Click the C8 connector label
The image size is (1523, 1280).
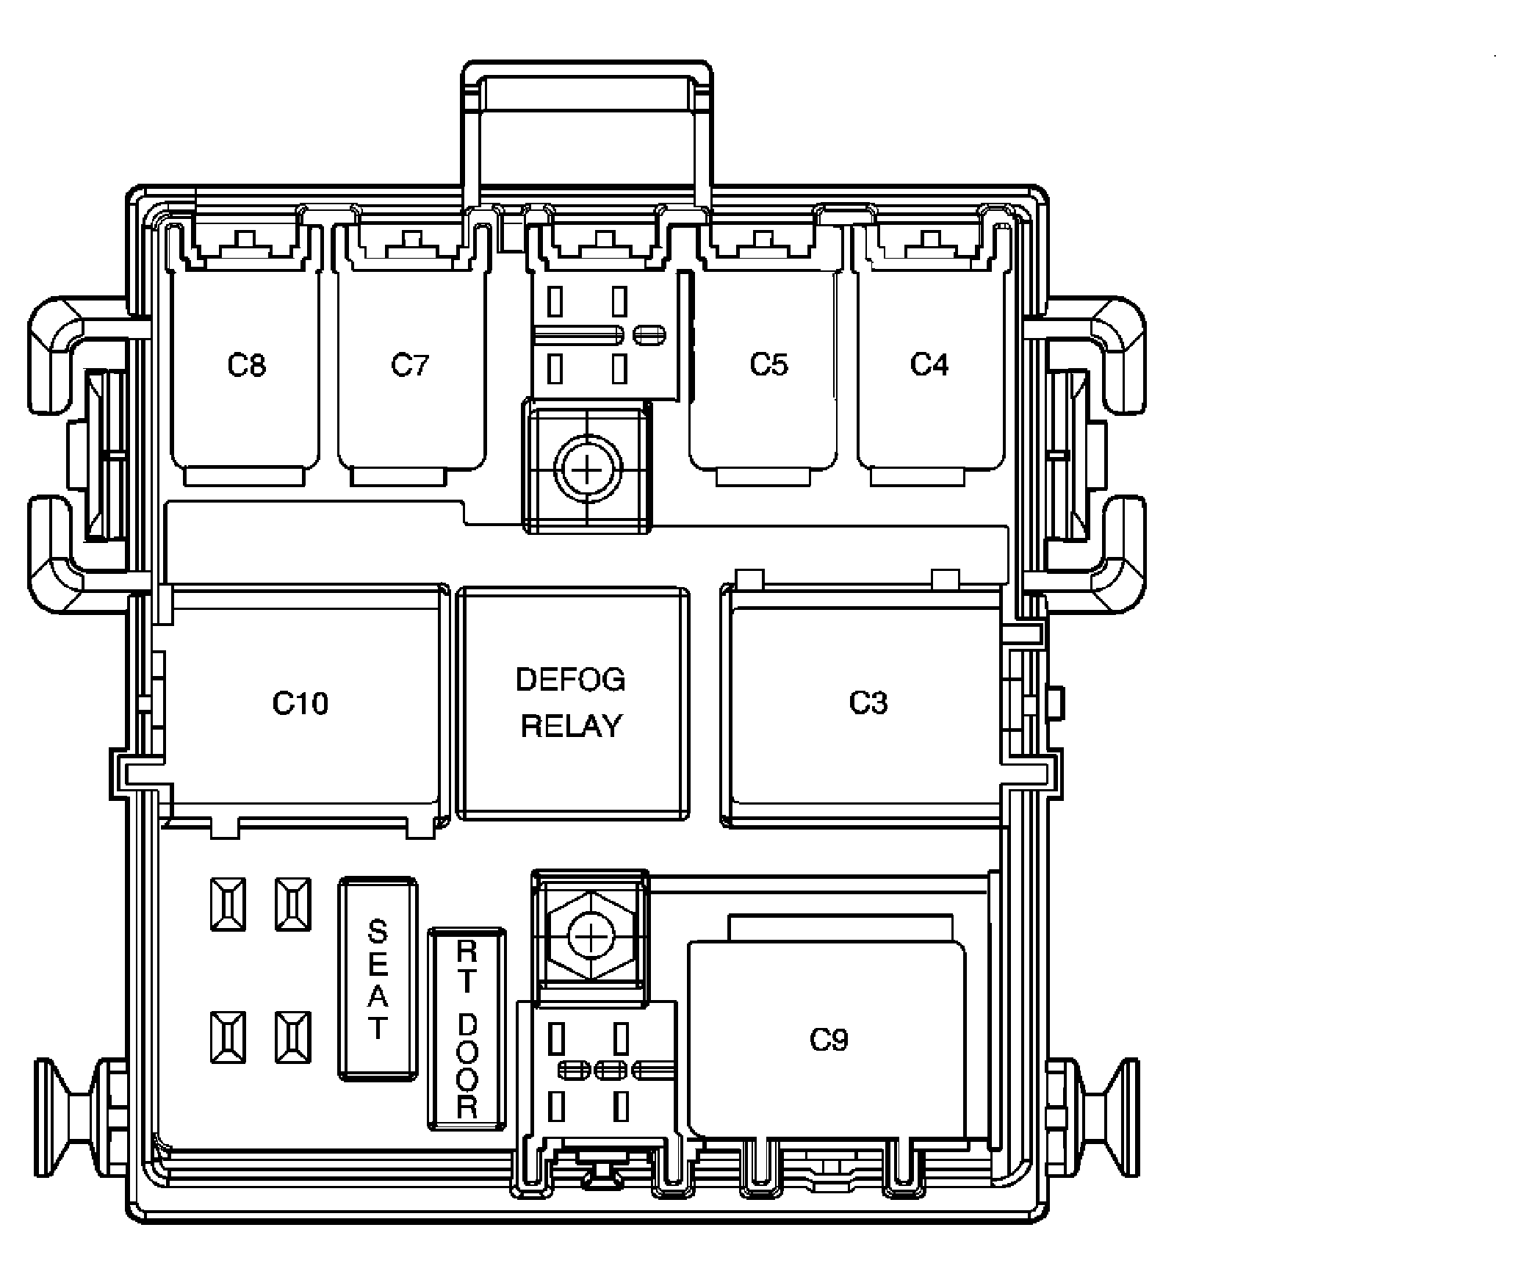(247, 365)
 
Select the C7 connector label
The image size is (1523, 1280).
(409, 364)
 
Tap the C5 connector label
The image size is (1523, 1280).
(768, 364)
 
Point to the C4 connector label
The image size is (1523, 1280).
(929, 364)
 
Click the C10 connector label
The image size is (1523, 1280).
(300, 703)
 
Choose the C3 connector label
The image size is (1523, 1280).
(868, 702)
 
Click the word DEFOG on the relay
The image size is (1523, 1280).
(571, 680)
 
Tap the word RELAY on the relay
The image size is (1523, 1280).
(571, 726)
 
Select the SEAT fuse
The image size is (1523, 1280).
(378, 978)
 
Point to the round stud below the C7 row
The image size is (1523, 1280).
(588, 468)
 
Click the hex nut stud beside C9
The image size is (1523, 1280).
(590, 938)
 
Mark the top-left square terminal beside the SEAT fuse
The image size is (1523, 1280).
(228, 904)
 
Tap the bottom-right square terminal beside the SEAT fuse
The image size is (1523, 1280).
(292, 1037)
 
